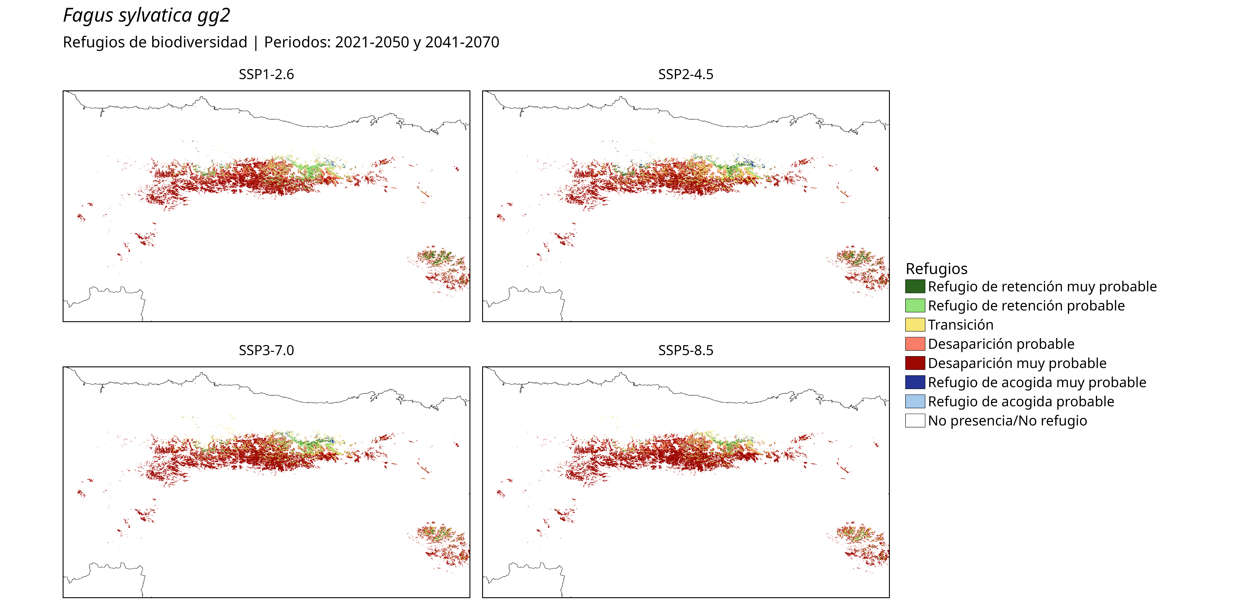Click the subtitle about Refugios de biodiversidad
pos(281,43)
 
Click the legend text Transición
pos(960,325)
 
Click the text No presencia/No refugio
pos(1007,421)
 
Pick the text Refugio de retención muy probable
pos(1042,287)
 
